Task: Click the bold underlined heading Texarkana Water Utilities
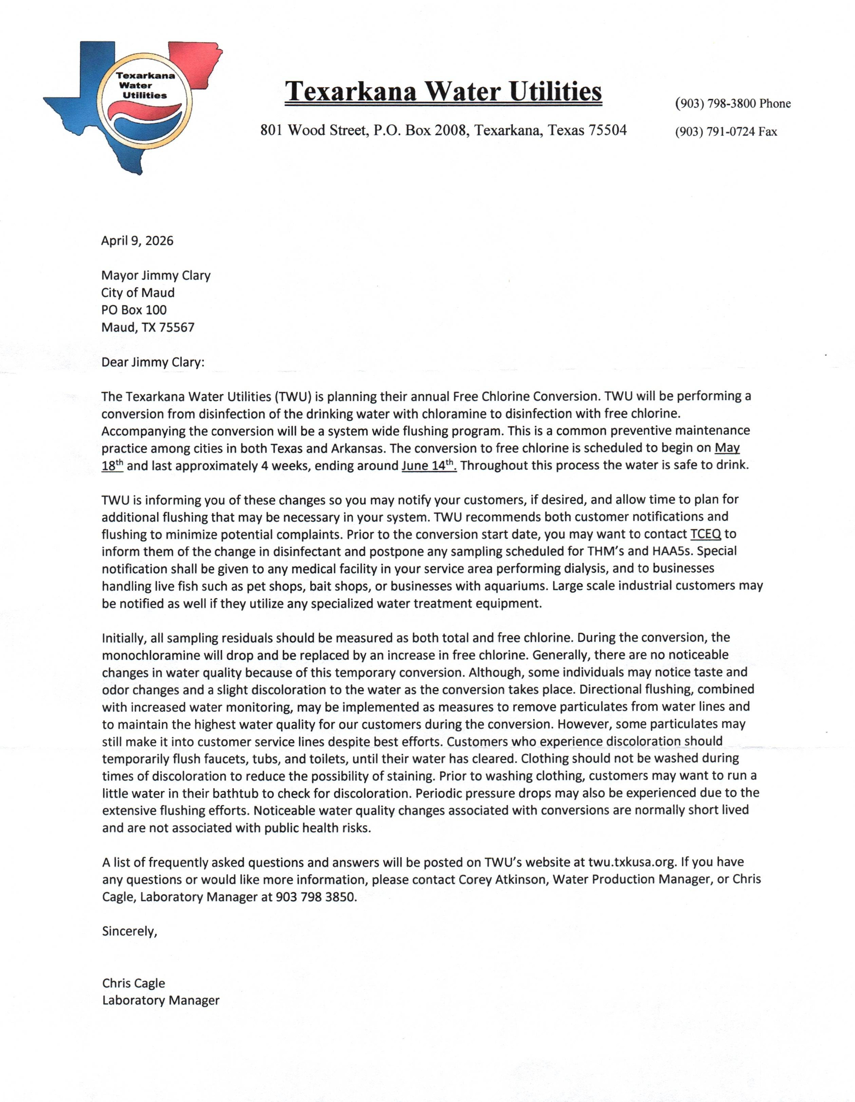pos(443,91)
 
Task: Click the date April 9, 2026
pos(137,241)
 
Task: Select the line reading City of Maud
pos(138,293)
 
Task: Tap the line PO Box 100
pos(134,310)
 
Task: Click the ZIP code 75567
pos(177,328)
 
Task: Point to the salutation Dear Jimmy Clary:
pos(153,362)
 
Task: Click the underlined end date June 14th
pos(429,465)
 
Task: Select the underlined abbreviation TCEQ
pos(706,534)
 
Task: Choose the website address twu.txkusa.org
pos(631,862)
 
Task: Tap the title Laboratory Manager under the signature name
pos(160,1001)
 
